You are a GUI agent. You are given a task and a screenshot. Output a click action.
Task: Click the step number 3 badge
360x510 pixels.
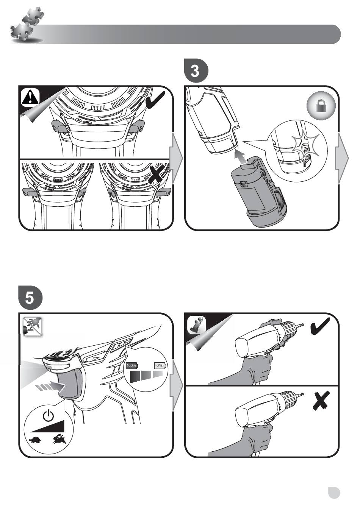click(196, 70)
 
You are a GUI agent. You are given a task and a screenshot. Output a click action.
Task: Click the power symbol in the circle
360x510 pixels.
click(48, 415)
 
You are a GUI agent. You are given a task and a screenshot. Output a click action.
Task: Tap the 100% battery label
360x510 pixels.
click(132, 365)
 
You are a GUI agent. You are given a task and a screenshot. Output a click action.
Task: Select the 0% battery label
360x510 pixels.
click(160, 365)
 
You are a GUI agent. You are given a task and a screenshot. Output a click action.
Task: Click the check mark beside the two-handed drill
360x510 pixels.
click(320, 326)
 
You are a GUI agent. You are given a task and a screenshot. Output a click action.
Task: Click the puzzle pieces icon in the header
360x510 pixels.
click(27, 25)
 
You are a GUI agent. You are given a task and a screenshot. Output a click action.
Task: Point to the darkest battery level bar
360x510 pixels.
click(135, 376)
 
